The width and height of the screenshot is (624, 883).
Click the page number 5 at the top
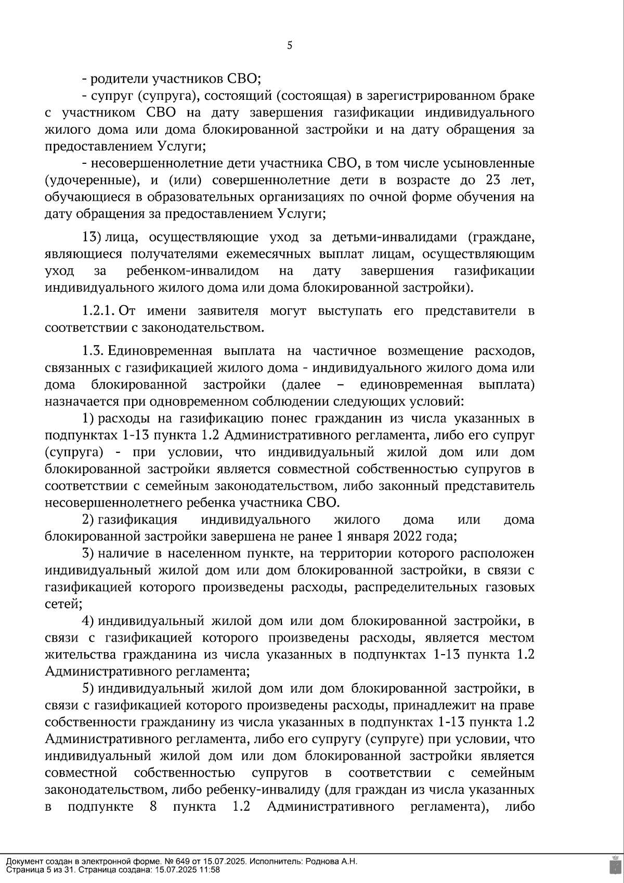point(290,46)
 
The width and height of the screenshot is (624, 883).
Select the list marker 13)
point(92,237)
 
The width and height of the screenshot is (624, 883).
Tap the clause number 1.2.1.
point(98,311)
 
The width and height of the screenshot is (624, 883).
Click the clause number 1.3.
point(93,351)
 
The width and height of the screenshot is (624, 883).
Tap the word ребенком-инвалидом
point(192,271)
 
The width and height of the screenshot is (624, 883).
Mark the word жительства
point(80,654)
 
